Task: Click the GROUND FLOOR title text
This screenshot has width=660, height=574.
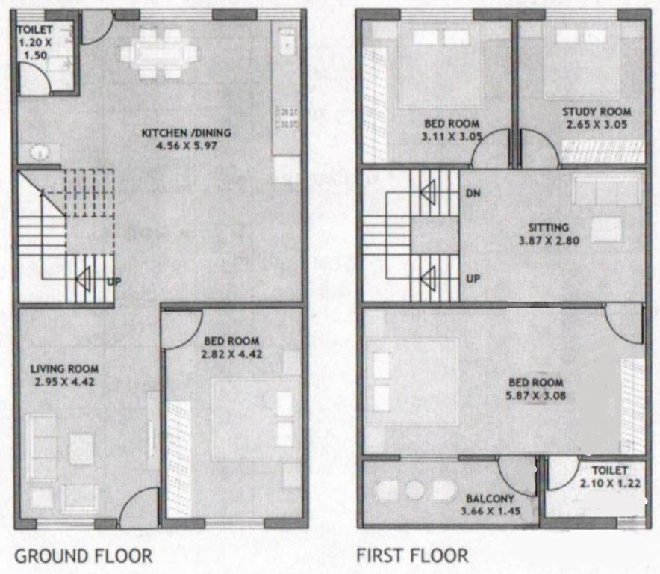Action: coord(83,556)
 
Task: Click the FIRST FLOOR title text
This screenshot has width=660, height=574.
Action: coord(412,556)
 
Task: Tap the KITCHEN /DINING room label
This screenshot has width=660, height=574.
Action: coord(187,133)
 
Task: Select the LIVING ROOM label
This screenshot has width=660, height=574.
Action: coord(64,368)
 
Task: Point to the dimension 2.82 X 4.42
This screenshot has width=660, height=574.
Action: coord(231,354)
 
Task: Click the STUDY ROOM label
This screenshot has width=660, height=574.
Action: coord(591,112)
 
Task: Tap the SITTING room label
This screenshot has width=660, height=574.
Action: coord(549,228)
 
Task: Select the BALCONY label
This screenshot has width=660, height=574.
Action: coord(490,499)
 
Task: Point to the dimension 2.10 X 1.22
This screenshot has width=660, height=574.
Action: coord(609,484)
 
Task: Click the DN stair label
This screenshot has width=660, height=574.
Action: coord(472,193)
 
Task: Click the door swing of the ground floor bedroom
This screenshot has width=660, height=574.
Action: coord(179,329)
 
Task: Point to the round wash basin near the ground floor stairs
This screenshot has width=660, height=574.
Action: coord(40,152)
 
